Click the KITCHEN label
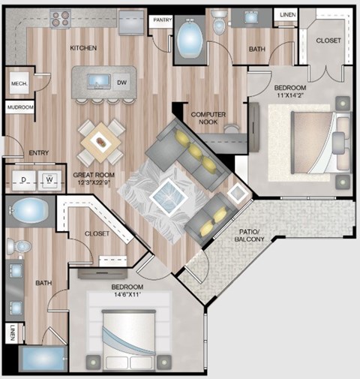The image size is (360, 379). tap(83, 48)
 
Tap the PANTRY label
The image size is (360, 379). tap(160, 20)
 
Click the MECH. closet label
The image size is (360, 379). tap(18, 84)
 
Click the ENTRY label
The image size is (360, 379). tap(38, 153)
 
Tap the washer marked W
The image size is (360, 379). tap(48, 180)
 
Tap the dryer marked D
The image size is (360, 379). tap(25, 180)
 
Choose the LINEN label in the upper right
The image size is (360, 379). tap(288, 14)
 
